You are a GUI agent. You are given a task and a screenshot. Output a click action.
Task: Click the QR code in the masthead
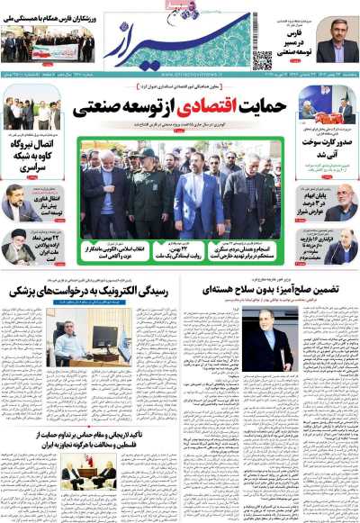click(262, 59)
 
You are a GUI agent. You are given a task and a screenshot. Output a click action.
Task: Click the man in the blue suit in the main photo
click(198, 198)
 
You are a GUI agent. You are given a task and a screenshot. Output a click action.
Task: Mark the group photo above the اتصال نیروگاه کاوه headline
click(32, 112)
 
